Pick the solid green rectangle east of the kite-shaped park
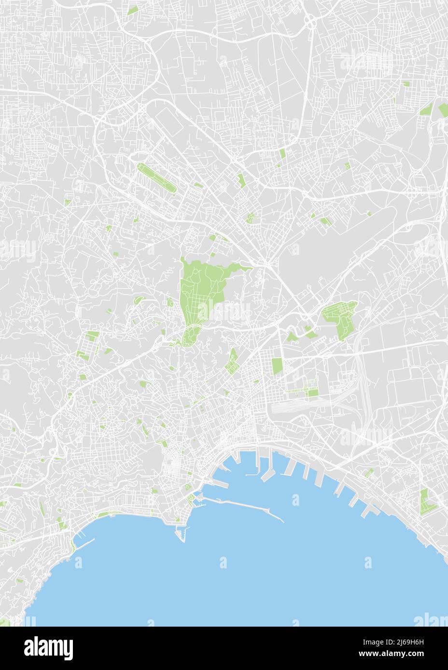pos(277,366)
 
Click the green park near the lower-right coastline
pos(425,502)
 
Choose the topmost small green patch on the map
pos(132,10)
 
